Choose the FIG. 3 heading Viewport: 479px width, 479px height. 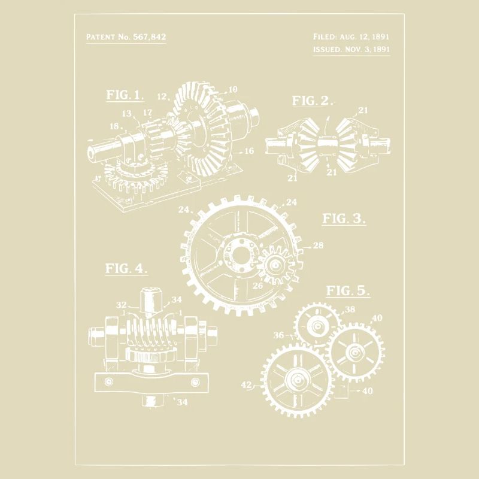[x=344, y=218]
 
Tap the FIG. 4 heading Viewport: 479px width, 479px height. [x=126, y=268]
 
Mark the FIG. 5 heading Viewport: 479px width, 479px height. [x=347, y=291]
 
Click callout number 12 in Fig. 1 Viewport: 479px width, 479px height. [x=162, y=96]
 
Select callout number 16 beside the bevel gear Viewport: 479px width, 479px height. [x=249, y=151]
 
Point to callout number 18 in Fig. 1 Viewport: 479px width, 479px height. [x=114, y=126]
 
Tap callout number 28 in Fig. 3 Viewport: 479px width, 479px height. [x=317, y=245]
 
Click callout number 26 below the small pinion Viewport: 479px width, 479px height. [x=257, y=286]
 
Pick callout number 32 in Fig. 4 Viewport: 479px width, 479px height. [x=122, y=305]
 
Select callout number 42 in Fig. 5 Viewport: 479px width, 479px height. [x=246, y=386]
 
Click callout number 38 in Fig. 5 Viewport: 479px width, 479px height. [x=350, y=310]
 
